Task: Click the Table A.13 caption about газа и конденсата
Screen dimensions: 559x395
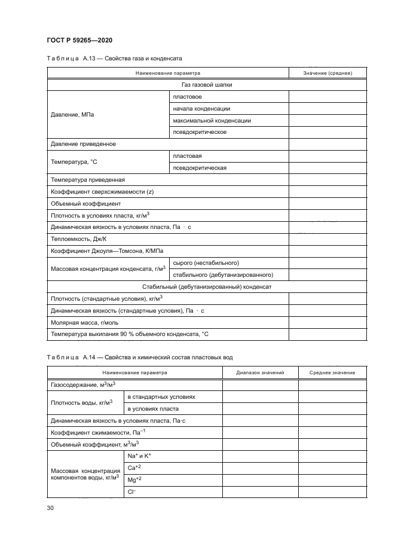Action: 114,59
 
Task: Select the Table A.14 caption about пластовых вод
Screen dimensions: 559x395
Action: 139,357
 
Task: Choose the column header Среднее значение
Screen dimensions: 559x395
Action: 332,372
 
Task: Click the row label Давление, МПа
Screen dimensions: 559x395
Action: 72,114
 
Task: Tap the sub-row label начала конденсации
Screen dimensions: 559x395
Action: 201,108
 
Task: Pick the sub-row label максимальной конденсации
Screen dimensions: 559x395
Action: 211,120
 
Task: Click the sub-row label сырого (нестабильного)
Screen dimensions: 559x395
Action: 206,262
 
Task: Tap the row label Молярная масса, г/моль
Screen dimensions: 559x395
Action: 81,322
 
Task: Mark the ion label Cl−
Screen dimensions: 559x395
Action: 132,491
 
